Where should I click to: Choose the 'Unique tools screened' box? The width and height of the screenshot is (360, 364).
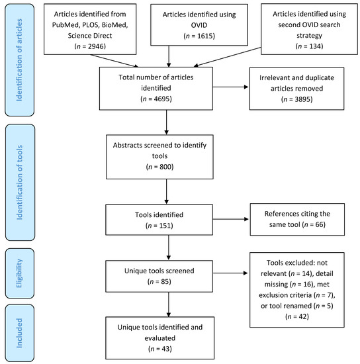pyautogui.click(x=165, y=273)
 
